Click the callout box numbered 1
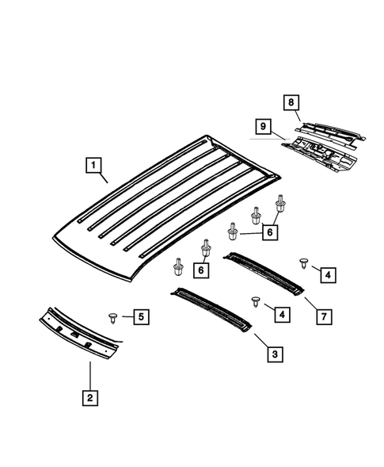[x=93, y=166]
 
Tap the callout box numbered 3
[x=272, y=354]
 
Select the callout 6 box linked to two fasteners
[x=202, y=270]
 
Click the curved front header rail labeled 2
[x=79, y=331]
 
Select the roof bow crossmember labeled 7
[x=266, y=271]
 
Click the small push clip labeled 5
[x=114, y=318]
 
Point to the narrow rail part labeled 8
[x=329, y=131]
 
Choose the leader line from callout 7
[x=310, y=303]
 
